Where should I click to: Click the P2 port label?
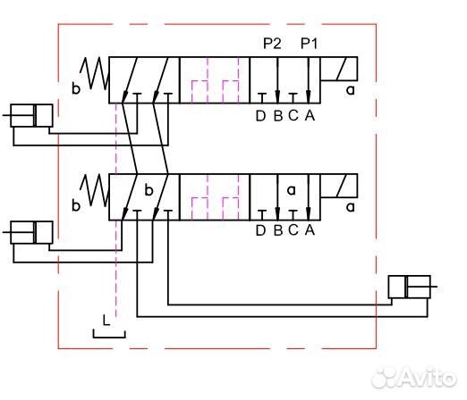click(272, 44)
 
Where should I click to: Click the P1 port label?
click(309, 44)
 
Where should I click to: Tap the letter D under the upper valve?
click(260, 116)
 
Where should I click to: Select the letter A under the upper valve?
click(310, 116)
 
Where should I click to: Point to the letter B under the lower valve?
click(278, 230)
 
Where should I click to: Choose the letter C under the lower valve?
click(293, 230)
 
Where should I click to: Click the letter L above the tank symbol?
click(106, 321)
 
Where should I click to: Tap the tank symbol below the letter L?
click(109, 337)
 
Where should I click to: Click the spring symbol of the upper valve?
click(94, 73)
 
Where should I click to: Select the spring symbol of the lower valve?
click(94, 190)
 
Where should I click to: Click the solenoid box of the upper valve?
click(339, 69)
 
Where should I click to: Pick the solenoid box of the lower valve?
click(339, 186)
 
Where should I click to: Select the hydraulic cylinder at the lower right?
click(412, 287)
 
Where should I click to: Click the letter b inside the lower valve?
click(149, 190)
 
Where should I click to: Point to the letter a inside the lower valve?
click(292, 190)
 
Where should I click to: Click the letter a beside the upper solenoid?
click(351, 90)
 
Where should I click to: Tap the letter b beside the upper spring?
click(76, 88)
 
